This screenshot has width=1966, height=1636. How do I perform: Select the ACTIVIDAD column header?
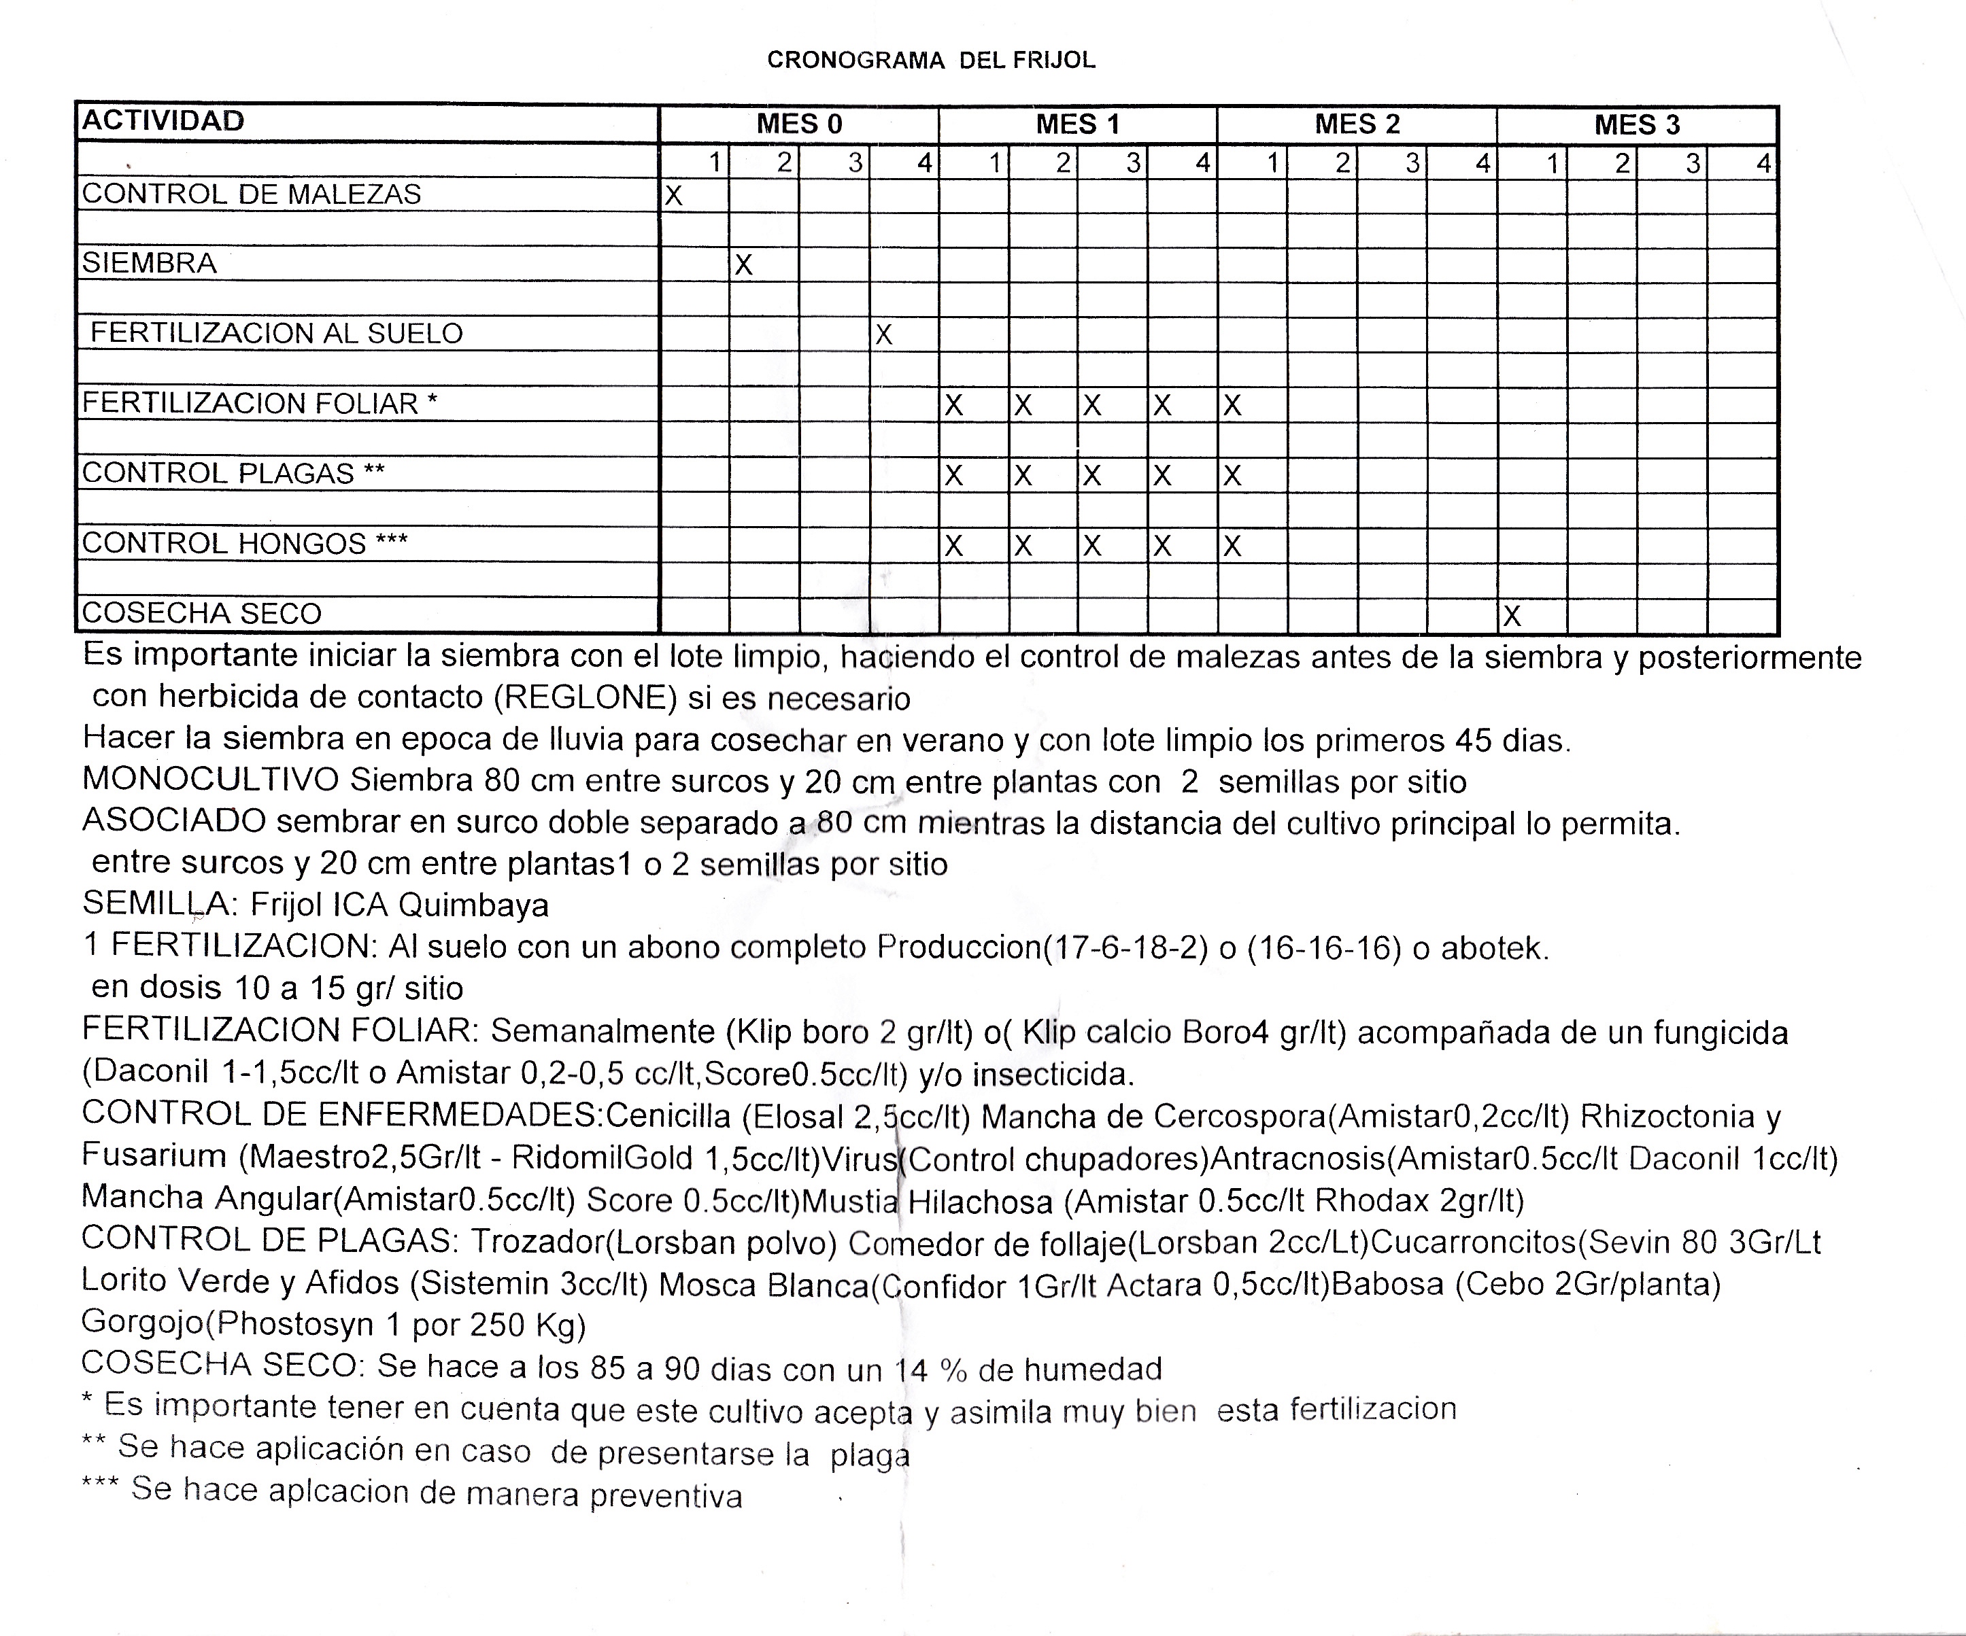163,121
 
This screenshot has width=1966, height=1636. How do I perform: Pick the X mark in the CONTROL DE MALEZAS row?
673,196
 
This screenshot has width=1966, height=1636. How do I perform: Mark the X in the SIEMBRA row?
743,266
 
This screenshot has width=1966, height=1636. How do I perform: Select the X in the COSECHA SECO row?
1511,616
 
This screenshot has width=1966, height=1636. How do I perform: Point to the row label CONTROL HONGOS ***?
244,544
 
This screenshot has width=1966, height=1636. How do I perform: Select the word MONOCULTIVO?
211,780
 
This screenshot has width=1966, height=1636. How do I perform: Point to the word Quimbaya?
473,905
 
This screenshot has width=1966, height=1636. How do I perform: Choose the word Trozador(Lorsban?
603,1242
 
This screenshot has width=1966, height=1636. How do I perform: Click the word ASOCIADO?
174,821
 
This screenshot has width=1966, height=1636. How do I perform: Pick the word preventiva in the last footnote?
666,1495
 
